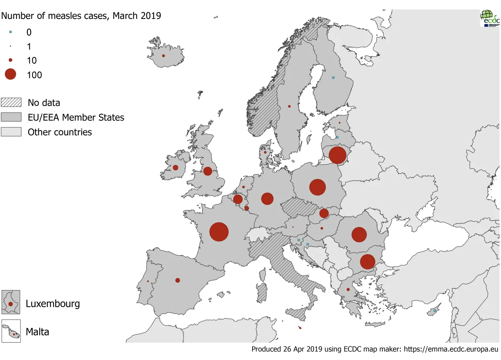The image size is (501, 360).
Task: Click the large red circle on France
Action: (x=219, y=232)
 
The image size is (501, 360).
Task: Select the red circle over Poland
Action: (x=317, y=187)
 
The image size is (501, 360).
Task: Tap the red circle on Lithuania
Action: (x=337, y=155)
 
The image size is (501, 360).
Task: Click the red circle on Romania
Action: (x=359, y=234)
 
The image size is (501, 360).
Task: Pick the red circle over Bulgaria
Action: (x=367, y=262)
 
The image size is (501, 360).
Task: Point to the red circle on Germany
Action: (x=267, y=199)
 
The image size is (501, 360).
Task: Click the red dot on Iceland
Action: (x=163, y=56)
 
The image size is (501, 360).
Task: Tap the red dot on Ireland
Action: (x=176, y=168)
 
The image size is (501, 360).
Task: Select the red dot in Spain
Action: (x=177, y=280)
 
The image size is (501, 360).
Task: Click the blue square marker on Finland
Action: (x=333, y=78)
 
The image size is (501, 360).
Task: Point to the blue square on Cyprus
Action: (x=435, y=311)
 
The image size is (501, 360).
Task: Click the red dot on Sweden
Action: (x=289, y=106)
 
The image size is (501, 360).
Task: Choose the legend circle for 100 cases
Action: (x=10, y=74)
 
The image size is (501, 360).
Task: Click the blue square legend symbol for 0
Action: (x=10, y=32)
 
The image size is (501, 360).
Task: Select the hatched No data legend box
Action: (x=11, y=102)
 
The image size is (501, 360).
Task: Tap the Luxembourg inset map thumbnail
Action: (x=11, y=302)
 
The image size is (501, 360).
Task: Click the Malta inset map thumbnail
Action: (x=11, y=331)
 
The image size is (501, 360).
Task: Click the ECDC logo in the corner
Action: (x=489, y=18)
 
